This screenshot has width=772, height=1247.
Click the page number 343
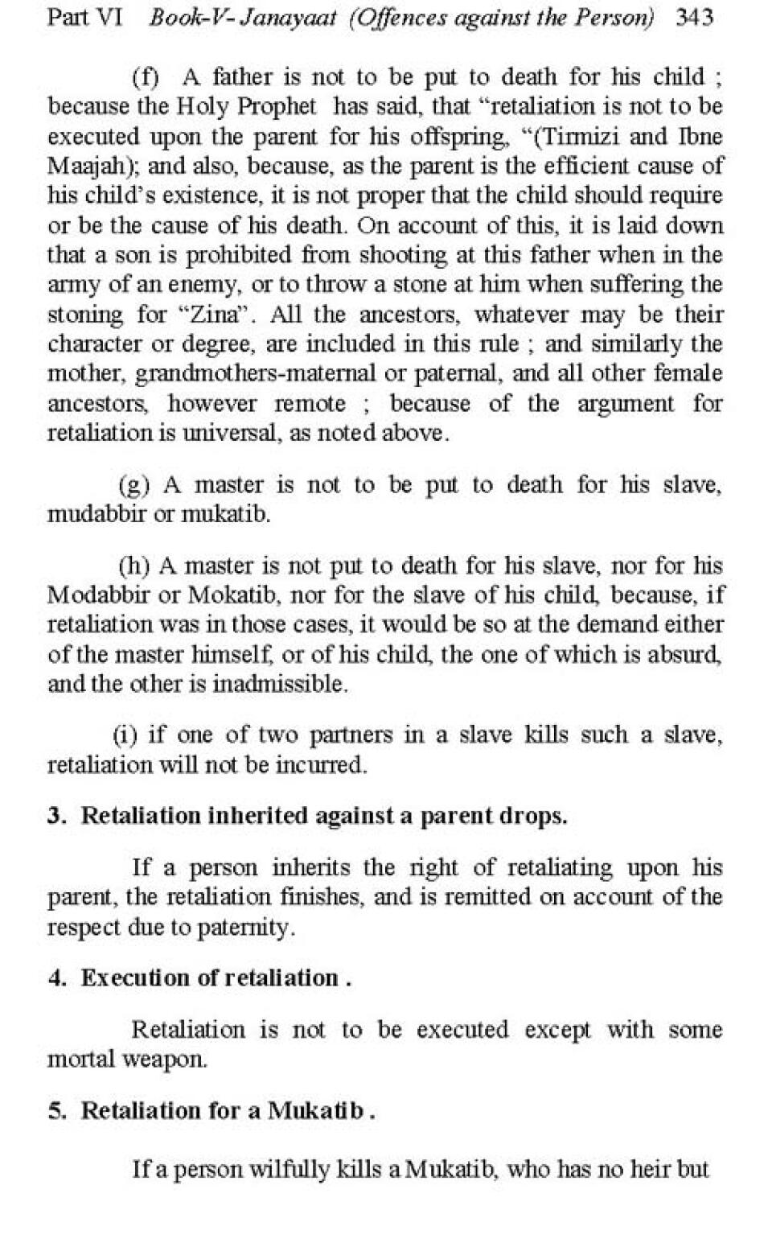(x=695, y=18)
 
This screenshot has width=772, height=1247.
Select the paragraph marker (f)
(x=146, y=77)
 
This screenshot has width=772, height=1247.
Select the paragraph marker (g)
(x=133, y=485)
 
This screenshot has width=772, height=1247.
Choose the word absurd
(x=692, y=655)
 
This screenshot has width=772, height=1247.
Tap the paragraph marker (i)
(x=125, y=735)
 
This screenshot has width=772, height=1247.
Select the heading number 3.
(x=55, y=816)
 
